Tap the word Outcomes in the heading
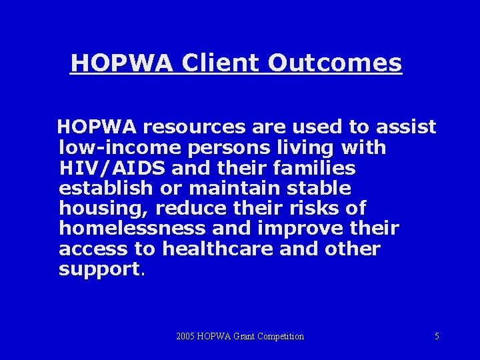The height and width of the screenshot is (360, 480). point(335,63)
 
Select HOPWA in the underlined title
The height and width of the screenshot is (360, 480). point(122,63)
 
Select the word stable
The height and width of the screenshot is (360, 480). point(315,188)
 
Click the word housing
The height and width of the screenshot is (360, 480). point(103,209)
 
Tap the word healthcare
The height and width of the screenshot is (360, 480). point(218,249)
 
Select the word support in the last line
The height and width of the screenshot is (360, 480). point(99,270)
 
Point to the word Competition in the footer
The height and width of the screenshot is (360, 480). point(278,336)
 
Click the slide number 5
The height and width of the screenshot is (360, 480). point(437,336)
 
